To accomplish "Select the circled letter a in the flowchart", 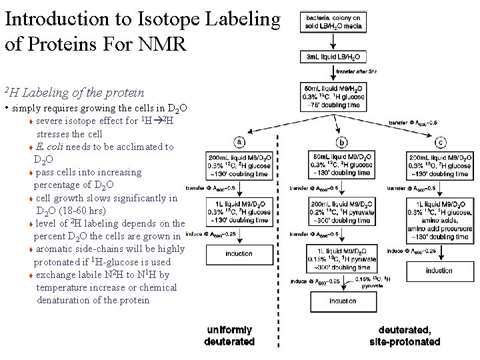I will coord(239,141).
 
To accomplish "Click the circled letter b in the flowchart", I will coord(342,141).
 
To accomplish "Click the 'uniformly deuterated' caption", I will coord(230,336).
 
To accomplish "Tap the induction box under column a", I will coord(239,254).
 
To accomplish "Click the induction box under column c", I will coord(439,271).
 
